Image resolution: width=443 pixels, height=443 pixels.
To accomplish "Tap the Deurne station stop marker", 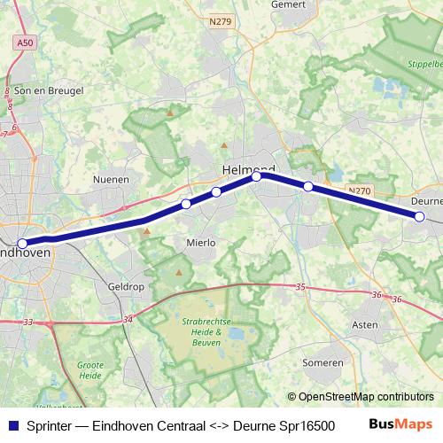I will (x=420, y=216).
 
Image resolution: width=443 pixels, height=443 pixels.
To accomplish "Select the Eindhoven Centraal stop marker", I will (x=22, y=243).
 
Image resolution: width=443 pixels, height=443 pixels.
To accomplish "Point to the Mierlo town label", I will (x=200, y=241).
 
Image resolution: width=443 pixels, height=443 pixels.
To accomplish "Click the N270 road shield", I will (x=359, y=190).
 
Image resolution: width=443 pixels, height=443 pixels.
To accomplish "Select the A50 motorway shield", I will (x=27, y=43).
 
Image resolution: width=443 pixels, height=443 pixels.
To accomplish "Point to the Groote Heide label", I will (x=90, y=369).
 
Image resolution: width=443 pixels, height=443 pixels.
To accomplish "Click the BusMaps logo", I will (x=401, y=424).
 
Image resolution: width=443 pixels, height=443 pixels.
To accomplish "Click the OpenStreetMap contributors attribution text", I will (x=361, y=397).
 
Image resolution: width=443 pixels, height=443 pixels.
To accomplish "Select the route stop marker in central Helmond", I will (x=256, y=176).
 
